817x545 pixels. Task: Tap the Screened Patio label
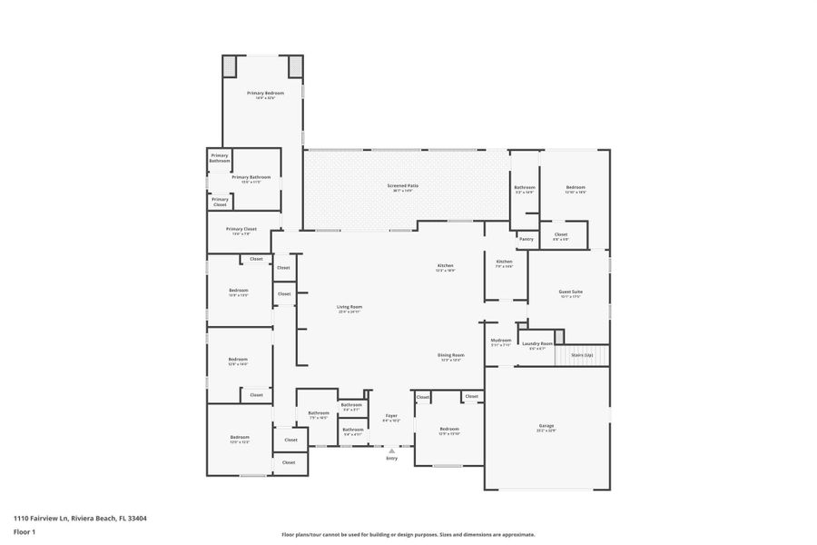tap(402, 186)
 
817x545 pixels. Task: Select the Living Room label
tap(349, 307)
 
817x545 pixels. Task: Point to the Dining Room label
tap(451, 355)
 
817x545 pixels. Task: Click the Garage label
tap(546, 426)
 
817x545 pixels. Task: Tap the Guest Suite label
tap(570, 292)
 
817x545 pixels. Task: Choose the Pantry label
tap(526, 239)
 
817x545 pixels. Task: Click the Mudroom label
tap(501, 341)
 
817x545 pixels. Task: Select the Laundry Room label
tap(537, 343)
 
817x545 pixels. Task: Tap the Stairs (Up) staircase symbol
tap(583, 355)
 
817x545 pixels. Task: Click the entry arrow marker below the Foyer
tap(392, 450)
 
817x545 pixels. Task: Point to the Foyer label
tap(391, 416)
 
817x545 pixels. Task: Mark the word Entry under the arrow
tap(392, 458)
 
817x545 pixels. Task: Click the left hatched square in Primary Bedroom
tap(230, 66)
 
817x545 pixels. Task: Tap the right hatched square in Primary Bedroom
tap(296, 66)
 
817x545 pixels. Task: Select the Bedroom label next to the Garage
tap(449, 429)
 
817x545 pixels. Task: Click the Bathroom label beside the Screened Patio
tap(525, 187)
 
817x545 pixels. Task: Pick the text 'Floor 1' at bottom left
tap(24, 531)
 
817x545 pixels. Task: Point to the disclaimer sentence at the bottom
tap(408, 535)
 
